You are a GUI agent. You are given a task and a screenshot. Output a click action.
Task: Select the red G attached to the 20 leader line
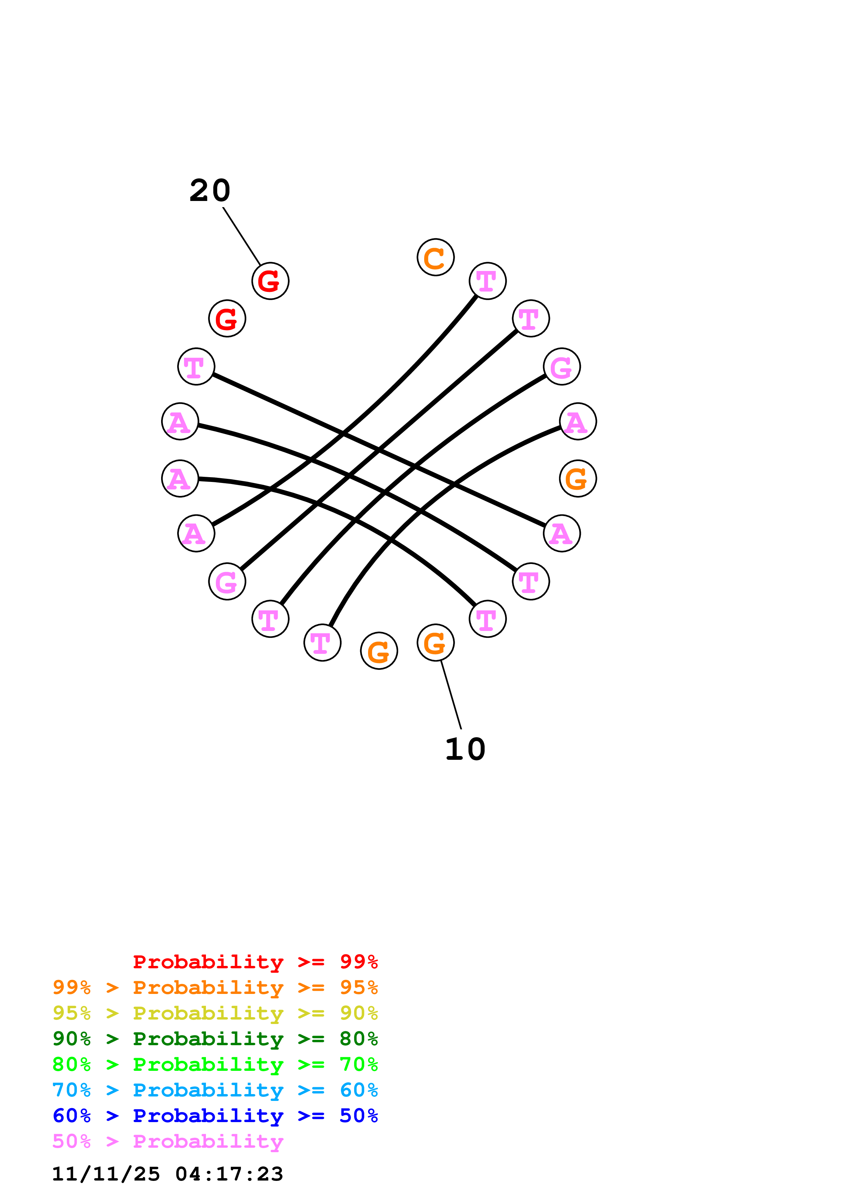(x=270, y=281)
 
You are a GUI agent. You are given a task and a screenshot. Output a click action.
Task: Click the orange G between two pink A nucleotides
(x=577, y=479)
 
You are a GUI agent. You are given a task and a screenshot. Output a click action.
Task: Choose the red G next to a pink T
(x=227, y=319)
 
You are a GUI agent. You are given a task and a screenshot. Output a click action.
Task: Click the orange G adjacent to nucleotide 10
(x=379, y=651)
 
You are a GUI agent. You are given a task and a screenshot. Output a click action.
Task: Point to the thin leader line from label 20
(x=242, y=236)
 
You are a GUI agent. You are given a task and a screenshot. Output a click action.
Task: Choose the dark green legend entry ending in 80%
(x=215, y=1039)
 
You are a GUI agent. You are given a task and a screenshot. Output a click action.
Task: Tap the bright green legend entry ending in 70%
(x=215, y=1064)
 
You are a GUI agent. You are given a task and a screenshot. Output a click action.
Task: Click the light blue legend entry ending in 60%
(x=215, y=1090)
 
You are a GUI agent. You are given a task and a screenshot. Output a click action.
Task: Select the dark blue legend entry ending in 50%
(x=215, y=1116)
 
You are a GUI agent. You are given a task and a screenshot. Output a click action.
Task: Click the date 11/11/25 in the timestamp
(x=106, y=1174)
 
